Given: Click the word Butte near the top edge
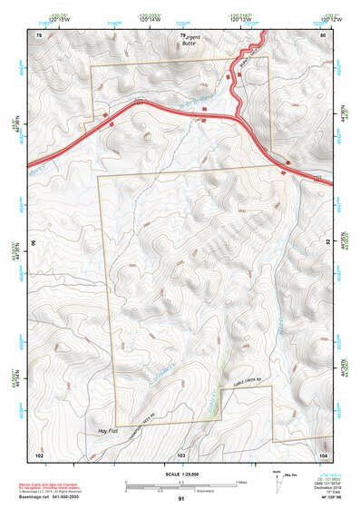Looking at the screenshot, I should (x=189, y=43).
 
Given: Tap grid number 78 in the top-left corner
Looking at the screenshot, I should (x=38, y=34).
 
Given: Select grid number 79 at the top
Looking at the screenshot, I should (x=181, y=34).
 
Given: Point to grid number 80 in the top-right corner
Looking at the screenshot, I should (x=323, y=34).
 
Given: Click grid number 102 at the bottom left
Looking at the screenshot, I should (x=38, y=453).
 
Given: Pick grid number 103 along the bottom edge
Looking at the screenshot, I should (x=181, y=453).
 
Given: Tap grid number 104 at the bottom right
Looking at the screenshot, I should (x=323, y=453).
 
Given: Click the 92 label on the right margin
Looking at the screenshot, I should (x=327, y=243).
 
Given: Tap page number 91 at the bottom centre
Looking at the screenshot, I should (x=181, y=500).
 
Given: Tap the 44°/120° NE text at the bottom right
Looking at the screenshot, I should (x=325, y=498).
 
